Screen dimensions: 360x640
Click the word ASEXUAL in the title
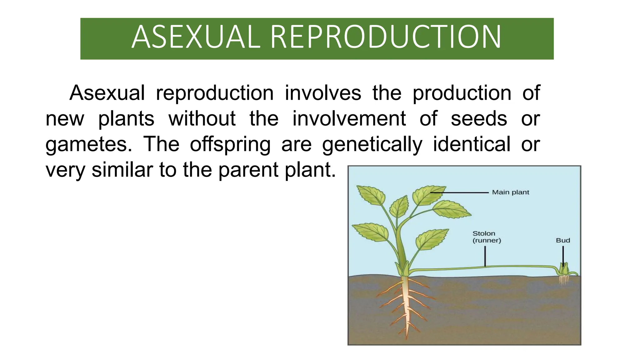[196, 37]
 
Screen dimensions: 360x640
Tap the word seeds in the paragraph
[479, 119]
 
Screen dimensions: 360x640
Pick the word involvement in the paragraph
[349, 119]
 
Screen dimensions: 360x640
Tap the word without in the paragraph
[202, 119]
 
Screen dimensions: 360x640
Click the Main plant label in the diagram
[510, 192]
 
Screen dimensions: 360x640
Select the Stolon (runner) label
[486, 237]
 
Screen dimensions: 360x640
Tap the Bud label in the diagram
[563, 240]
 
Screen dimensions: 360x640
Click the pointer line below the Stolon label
[485, 256]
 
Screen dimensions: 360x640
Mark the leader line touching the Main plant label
[459, 193]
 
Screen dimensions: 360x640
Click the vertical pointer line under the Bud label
[563, 255]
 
